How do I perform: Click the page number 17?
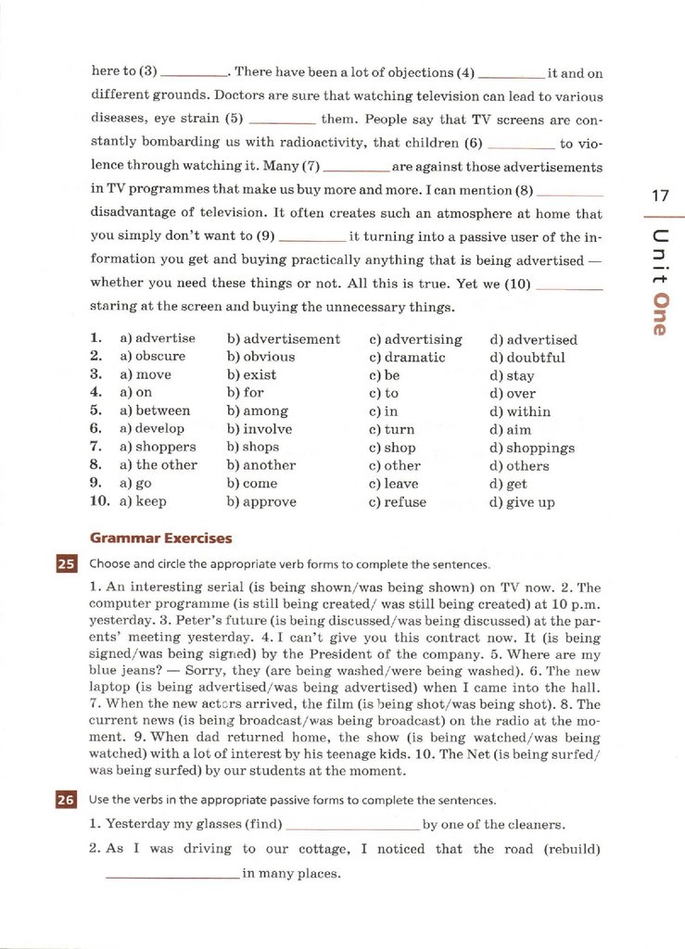tap(660, 196)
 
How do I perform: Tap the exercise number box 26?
tap(66, 800)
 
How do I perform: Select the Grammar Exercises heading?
tap(160, 538)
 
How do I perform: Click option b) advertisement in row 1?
tap(283, 340)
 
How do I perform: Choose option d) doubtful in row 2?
tap(526, 358)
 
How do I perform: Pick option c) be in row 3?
tap(384, 376)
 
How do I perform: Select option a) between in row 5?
tap(155, 411)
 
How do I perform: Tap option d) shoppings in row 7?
tap(532, 448)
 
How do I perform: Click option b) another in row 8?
tap(260, 465)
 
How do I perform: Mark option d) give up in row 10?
tap(522, 502)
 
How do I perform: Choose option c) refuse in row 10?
tap(398, 502)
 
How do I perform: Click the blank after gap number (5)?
tap(283, 120)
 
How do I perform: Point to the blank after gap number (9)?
tap(312, 238)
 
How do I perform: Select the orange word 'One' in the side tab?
tap(661, 314)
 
